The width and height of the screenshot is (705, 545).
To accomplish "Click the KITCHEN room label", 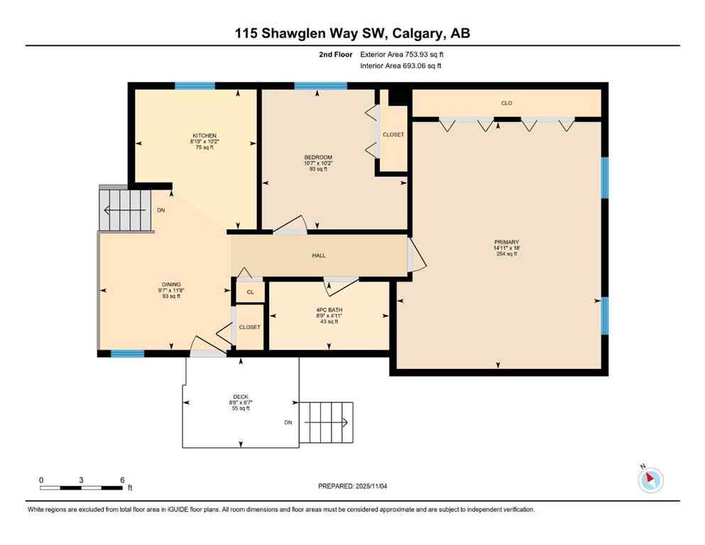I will (x=204, y=136).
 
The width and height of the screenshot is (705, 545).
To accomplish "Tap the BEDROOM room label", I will (x=318, y=158).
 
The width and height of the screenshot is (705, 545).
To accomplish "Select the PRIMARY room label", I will (x=507, y=243).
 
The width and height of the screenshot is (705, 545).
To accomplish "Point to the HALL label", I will (x=319, y=255).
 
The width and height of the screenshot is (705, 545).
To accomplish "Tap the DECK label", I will (x=241, y=397).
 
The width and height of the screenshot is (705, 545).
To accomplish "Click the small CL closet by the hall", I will (x=250, y=292).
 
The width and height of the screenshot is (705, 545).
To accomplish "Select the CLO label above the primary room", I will (x=506, y=104).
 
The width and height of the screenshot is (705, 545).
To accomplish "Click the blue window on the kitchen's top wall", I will (x=195, y=86).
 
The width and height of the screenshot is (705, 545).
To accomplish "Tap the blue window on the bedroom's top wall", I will (x=321, y=86).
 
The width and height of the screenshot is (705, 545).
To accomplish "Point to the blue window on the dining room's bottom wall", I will (x=128, y=353).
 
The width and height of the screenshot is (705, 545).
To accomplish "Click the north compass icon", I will (x=650, y=480).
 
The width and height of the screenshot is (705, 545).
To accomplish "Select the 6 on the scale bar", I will (x=122, y=480).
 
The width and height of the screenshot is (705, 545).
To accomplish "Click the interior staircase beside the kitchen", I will (x=126, y=210).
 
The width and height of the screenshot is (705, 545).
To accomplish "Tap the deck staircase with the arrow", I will (x=327, y=423).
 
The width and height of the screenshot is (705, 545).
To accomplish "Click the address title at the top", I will (x=352, y=33).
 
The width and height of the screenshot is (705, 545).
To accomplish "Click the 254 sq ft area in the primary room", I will (x=507, y=253).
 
